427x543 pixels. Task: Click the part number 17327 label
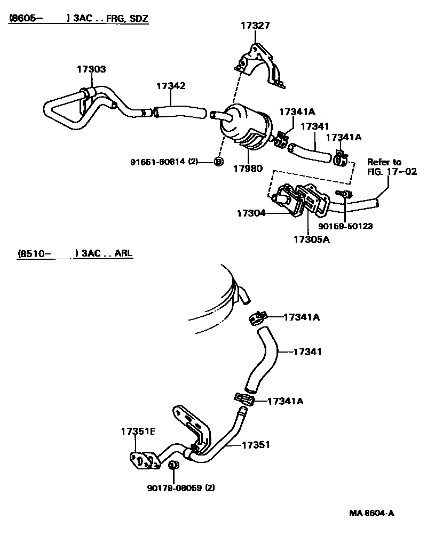(255, 25)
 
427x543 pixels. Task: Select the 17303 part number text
(91, 69)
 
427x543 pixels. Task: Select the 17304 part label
(250, 213)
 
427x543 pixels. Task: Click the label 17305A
(311, 239)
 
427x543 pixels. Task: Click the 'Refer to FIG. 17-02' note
(391, 166)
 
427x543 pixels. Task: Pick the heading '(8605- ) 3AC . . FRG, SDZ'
(78, 18)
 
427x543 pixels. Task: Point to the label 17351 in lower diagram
(256, 444)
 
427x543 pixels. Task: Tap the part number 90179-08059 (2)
(181, 487)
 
